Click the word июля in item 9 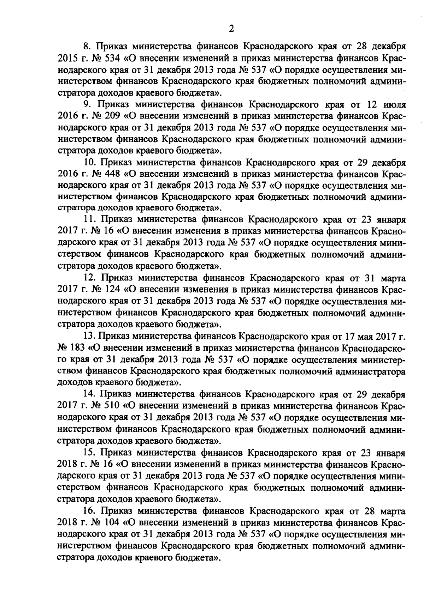coord(394,105)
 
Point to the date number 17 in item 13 coord(342,337)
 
